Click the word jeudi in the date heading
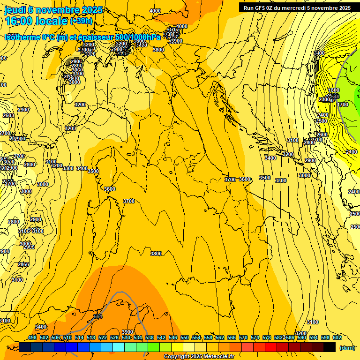pos(15,9)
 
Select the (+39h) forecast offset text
pos(81,21)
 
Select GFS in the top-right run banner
pos(260,8)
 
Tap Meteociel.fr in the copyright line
pos(221,357)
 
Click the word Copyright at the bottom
pos(177,357)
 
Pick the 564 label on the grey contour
pos(97,317)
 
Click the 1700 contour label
pos(343,105)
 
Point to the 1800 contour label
pos(333,90)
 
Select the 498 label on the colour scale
pos(32,337)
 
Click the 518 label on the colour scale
pos(91,337)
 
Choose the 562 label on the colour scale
pos(220,337)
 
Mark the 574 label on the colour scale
pos(255,337)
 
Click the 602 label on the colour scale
pos(337,337)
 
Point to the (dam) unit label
pos(347,348)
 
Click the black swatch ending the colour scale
pos(330,347)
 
